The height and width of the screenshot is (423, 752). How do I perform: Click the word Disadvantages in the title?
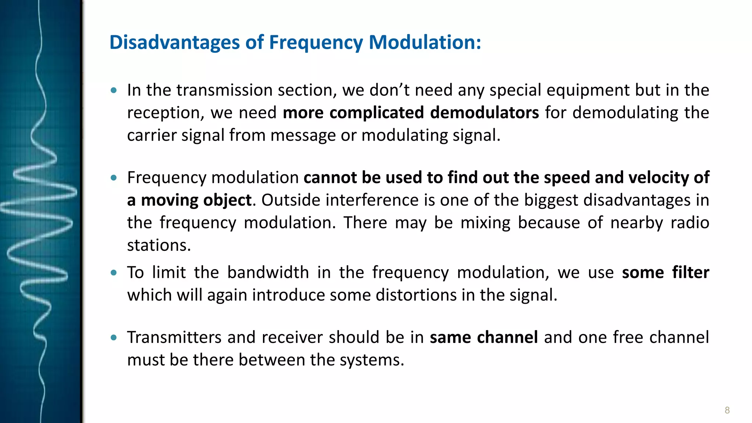tap(174, 42)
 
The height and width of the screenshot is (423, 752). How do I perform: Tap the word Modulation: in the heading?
tap(425, 42)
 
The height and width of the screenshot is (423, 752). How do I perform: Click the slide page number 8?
tap(727, 410)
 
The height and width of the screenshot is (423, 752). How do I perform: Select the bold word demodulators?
tap(484, 113)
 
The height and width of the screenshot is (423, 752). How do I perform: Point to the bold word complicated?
tap(376, 113)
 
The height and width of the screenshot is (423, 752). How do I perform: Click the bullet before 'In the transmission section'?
tap(114, 90)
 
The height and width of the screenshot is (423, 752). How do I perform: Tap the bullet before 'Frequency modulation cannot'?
tap(114, 178)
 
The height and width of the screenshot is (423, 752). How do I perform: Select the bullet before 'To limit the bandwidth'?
tap(114, 273)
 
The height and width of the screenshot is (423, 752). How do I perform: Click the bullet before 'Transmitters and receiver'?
tap(114, 337)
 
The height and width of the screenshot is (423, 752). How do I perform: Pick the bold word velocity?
tap(658, 178)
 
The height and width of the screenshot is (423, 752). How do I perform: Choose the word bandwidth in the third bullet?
tap(268, 272)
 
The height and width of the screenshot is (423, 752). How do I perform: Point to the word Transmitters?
tap(174, 337)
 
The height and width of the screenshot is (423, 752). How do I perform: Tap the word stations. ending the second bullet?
tap(159, 245)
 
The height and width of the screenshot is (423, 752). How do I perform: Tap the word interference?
tap(372, 200)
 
